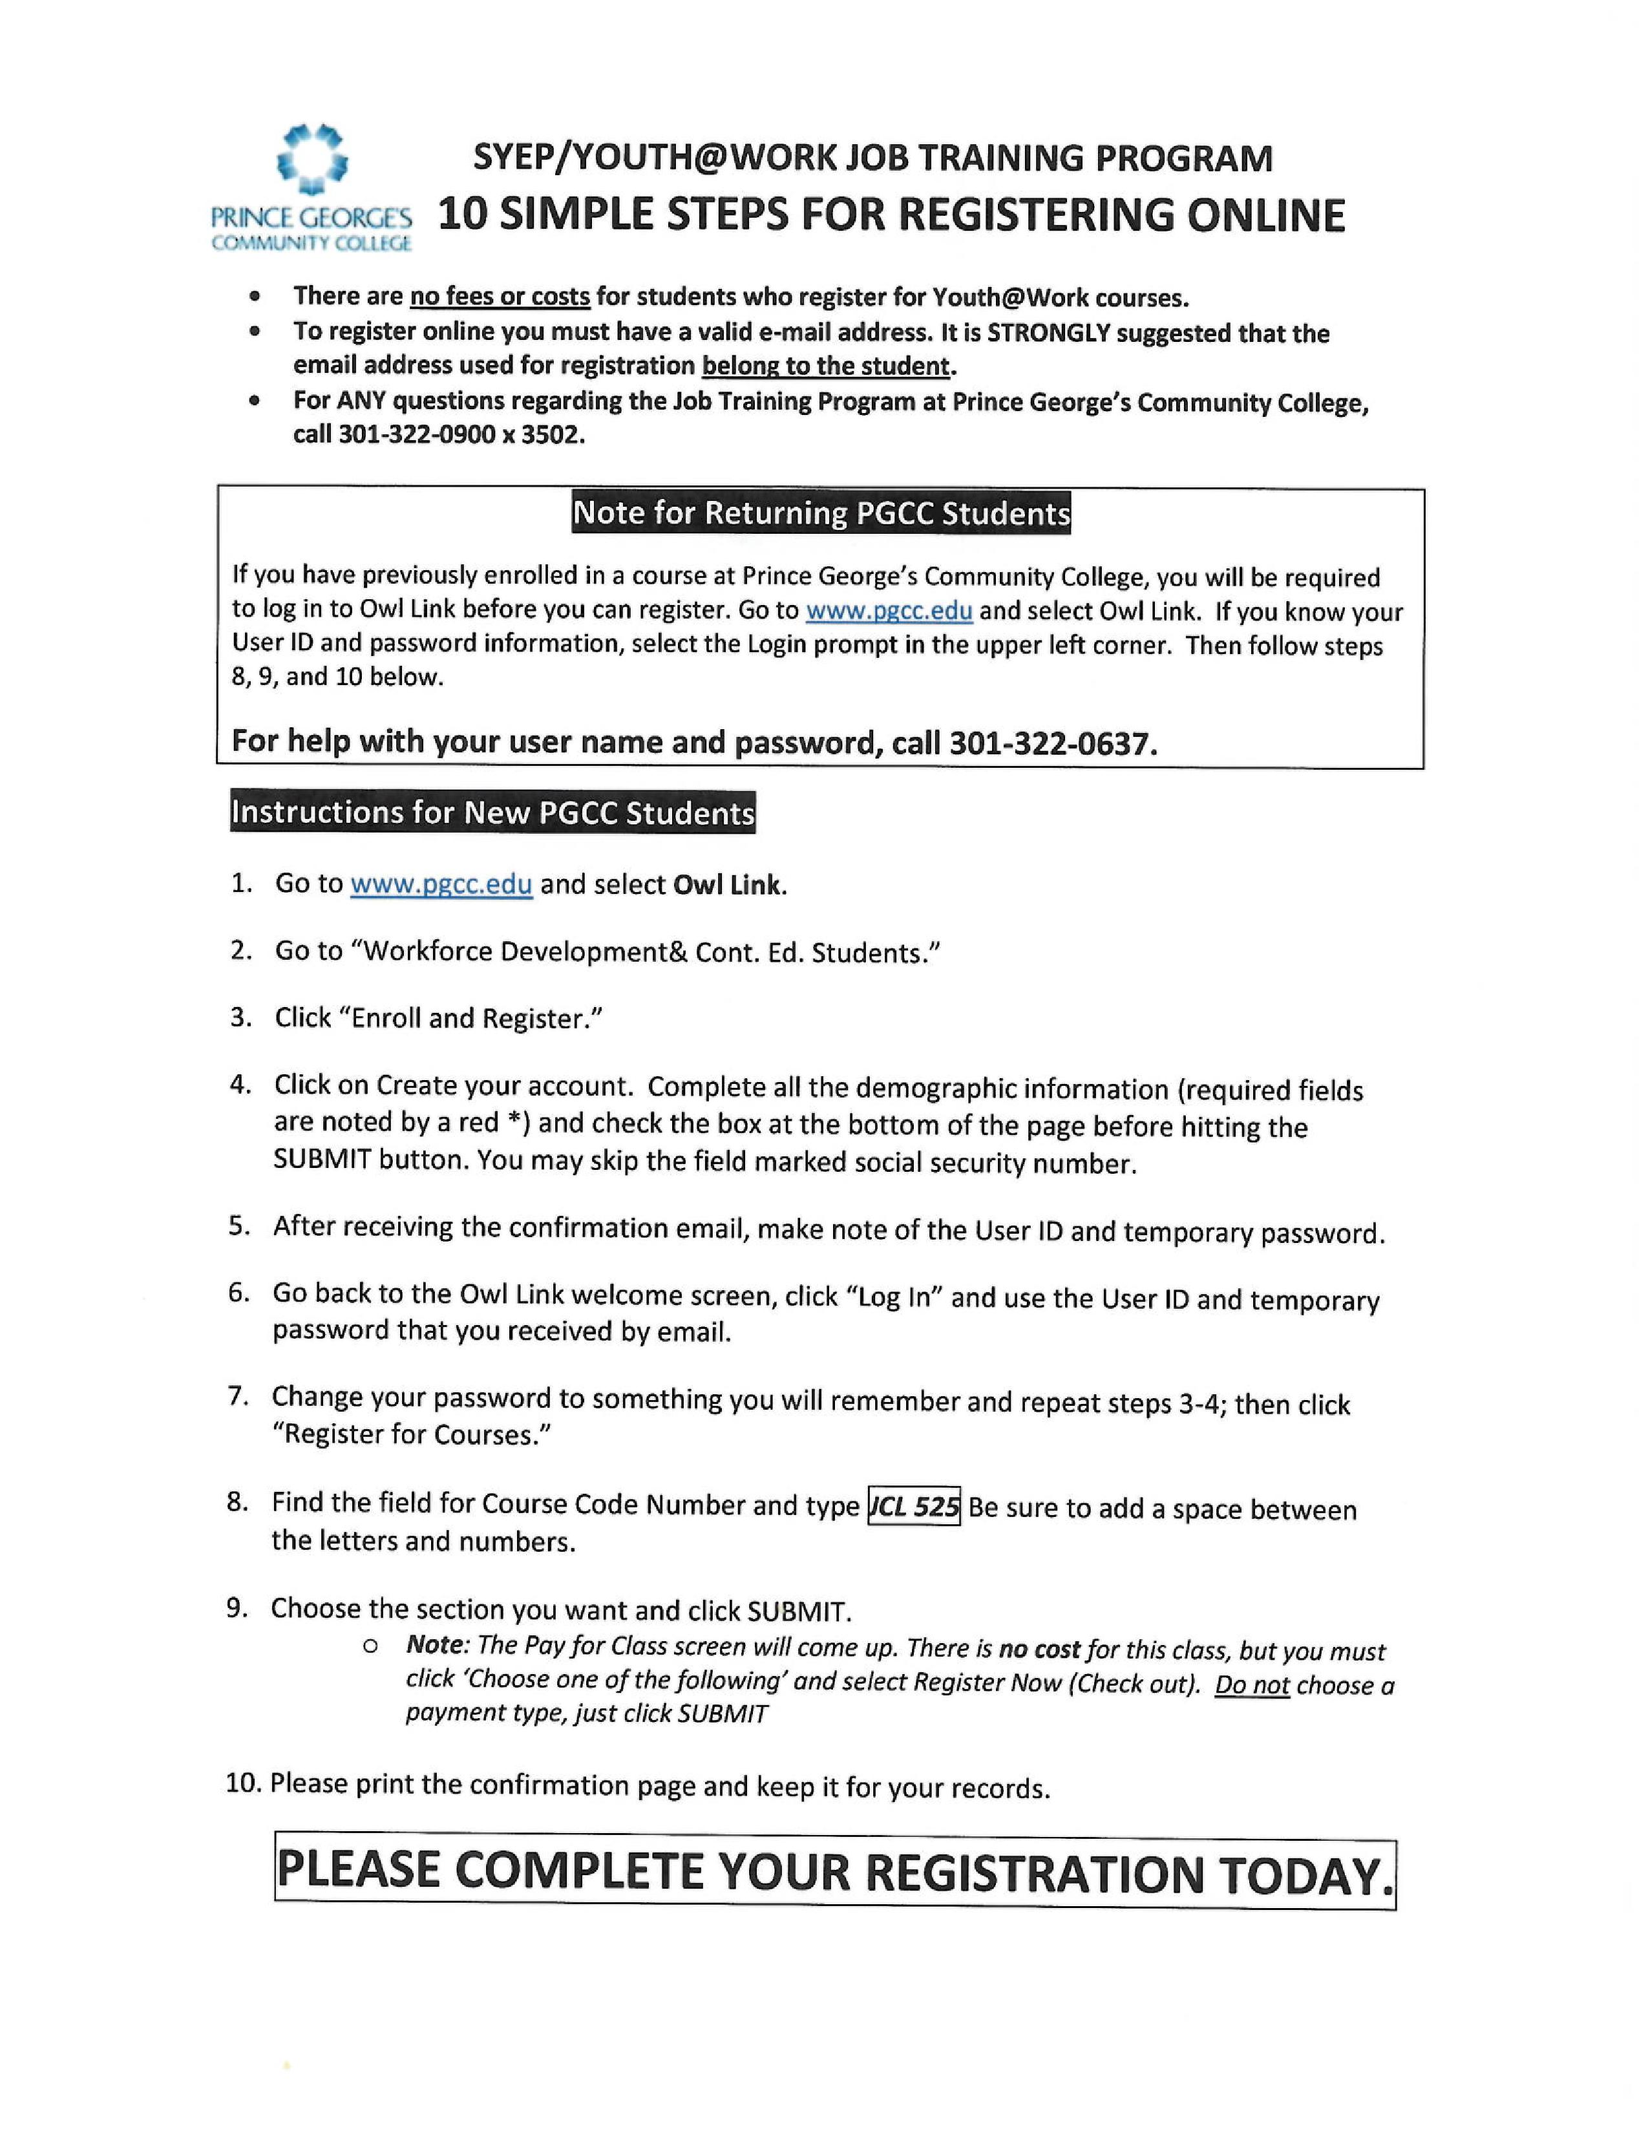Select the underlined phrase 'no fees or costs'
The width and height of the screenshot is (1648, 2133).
point(499,296)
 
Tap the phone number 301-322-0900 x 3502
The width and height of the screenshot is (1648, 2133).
point(461,434)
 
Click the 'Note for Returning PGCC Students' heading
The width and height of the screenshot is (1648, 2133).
point(821,513)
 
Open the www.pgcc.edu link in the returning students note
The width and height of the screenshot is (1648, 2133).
point(889,611)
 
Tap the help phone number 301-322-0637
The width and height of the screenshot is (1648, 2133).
point(1052,743)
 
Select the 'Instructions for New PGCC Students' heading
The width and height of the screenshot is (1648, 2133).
point(493,812)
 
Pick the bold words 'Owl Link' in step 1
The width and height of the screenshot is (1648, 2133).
point(727,885)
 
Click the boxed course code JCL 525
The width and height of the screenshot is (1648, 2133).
point(914,1506)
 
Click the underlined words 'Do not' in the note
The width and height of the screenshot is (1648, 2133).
point(1252,1686)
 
